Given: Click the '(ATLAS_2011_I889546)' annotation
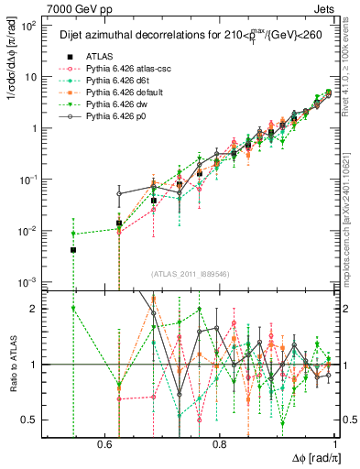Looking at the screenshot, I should [x=191, y=272].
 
